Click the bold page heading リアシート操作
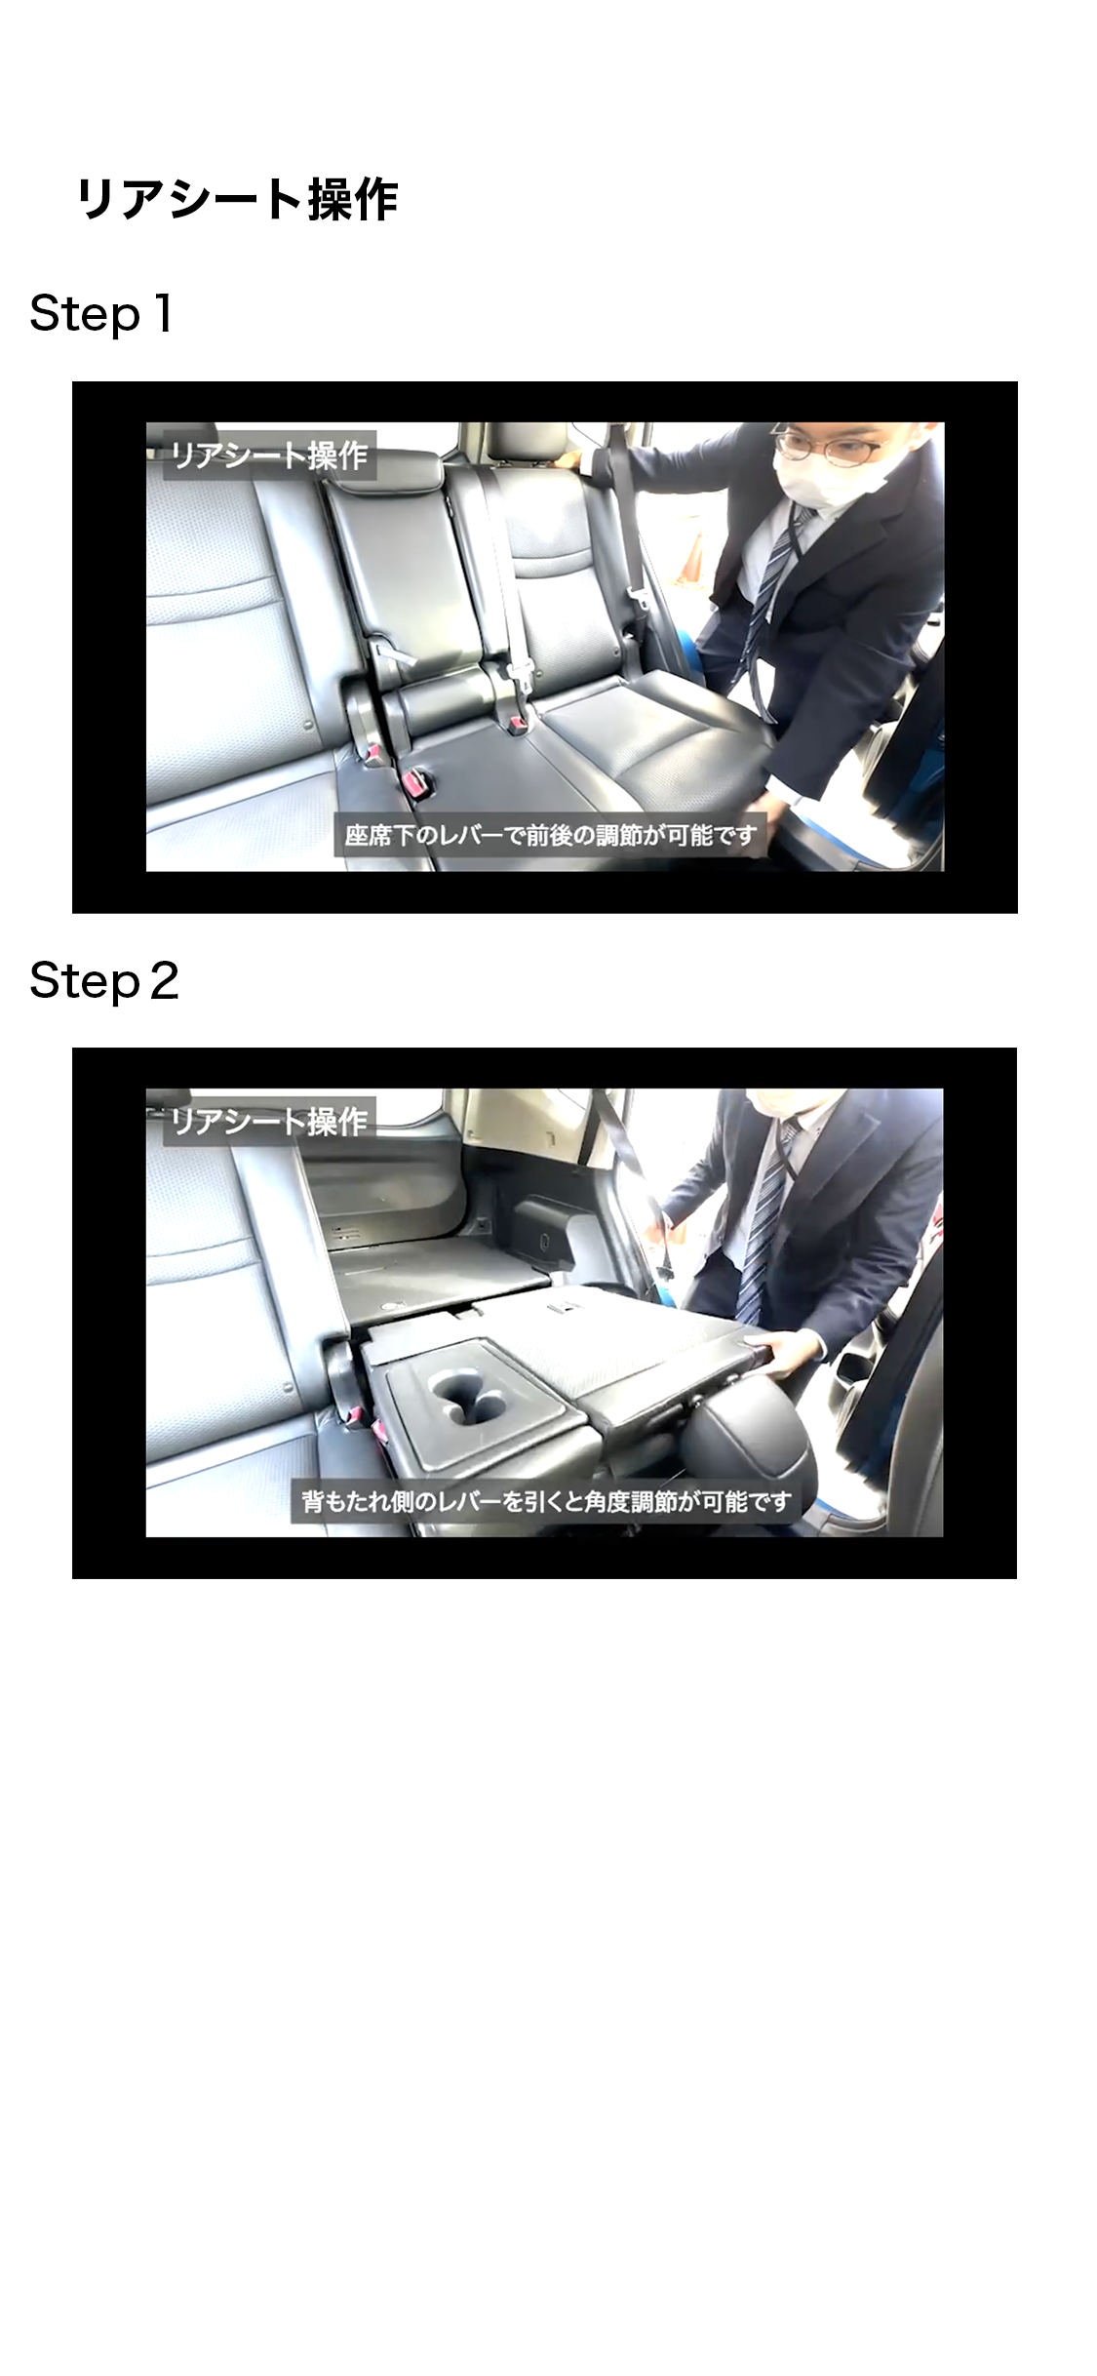pos(237,200)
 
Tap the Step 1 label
pos(101,314)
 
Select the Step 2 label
pos(104,980)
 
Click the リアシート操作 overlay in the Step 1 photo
pos(268,455)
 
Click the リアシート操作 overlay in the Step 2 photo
pos(268,1122)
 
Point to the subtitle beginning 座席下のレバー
pos(550,836)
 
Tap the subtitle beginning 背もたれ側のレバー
pos(546,1501)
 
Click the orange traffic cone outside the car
pos(694,561)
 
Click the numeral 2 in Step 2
pos(165,981)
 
